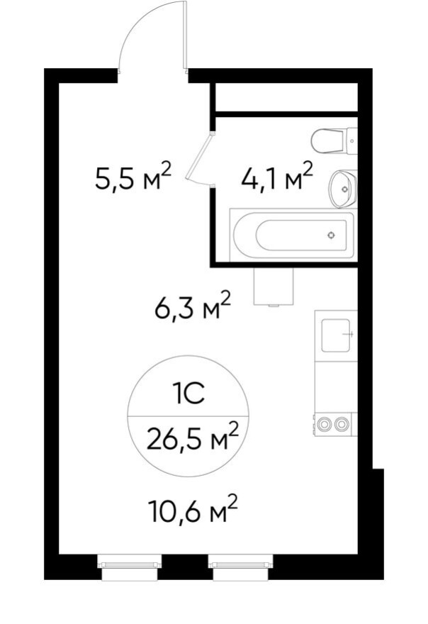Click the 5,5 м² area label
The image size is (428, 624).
133,178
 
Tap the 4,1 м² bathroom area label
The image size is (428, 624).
277,178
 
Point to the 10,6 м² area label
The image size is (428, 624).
192,511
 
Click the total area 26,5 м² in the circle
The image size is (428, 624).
192,440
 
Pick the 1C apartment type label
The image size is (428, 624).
188,393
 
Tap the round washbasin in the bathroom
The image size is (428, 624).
343,189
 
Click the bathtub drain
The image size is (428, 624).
331,235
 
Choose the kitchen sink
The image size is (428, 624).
337,335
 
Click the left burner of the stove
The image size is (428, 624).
325,424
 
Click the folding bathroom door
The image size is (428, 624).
202,160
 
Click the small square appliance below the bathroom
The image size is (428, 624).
273,287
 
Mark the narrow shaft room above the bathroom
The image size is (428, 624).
286,97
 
